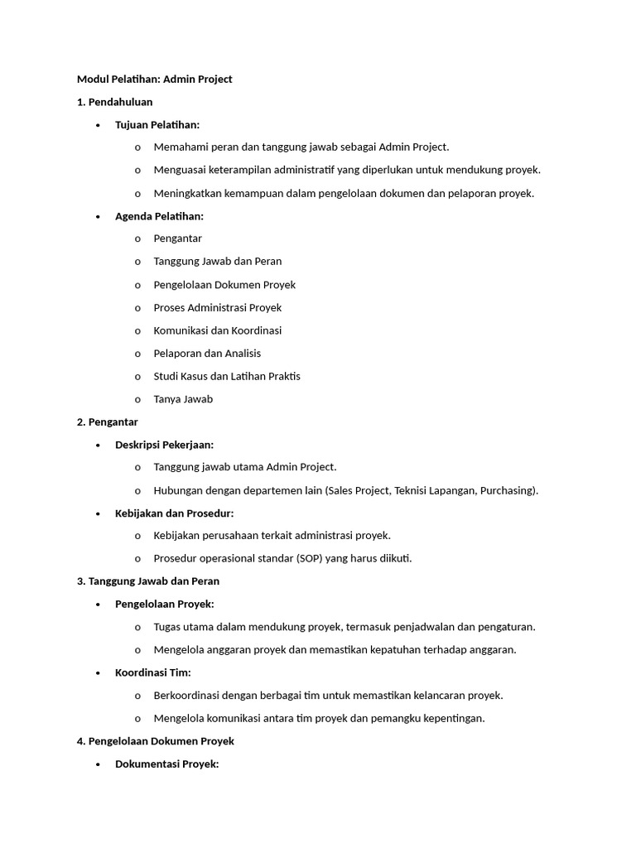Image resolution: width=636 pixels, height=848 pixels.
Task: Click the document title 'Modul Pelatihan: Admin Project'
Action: click(154, 79)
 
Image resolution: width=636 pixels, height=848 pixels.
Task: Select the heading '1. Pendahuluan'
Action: click(114, 101)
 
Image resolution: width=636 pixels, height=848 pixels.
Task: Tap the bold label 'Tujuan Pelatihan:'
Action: click(157, 124)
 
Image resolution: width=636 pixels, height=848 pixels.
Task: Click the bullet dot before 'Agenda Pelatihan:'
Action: click(98, 216)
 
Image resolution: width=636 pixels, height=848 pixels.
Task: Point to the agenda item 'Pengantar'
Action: click(177, 238)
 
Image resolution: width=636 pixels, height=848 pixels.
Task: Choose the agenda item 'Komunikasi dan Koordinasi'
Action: click(217, 330)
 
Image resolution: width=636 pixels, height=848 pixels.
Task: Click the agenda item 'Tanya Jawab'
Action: click(183, 399)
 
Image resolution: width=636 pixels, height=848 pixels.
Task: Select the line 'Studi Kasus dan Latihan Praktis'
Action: click(226, 376)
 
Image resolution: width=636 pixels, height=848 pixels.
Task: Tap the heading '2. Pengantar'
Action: click(107, 422)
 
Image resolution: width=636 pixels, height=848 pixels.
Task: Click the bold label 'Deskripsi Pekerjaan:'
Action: click(164, 445)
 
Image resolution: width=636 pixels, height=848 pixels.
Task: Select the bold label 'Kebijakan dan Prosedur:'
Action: click(174, 513)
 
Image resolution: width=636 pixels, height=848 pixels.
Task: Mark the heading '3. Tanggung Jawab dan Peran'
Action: click(147, 581)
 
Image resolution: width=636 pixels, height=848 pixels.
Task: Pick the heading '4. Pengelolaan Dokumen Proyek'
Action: click(155, 741)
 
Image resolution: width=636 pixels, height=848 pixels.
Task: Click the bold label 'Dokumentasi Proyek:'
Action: click(166, 764)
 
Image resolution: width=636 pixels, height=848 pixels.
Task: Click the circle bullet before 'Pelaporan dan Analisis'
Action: click(137, 354)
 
